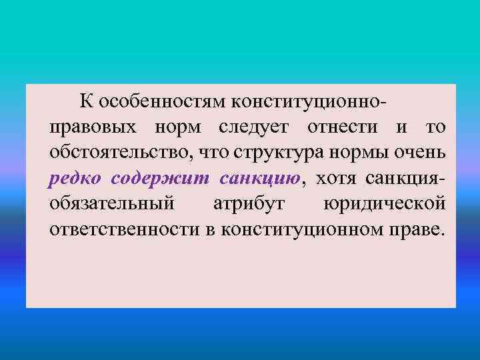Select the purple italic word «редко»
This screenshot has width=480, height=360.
point(75,178)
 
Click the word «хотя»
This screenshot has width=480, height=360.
point(337,178)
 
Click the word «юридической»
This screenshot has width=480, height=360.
point(384,203)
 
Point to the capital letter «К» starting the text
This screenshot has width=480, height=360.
point(86,101)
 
